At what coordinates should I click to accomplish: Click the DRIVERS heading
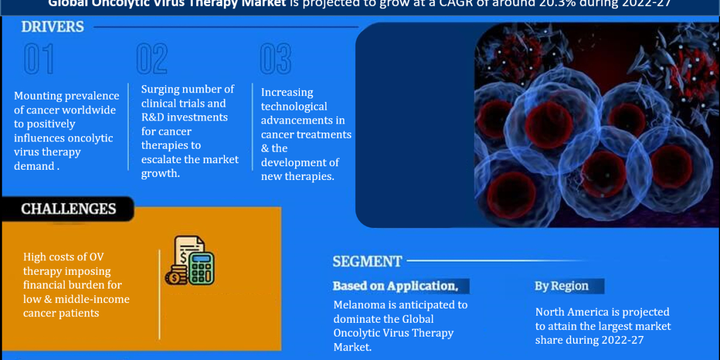(53, 27)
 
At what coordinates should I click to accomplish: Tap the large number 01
(39, 59)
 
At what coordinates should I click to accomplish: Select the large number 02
(152, 59)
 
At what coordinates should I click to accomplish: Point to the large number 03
(275, 59)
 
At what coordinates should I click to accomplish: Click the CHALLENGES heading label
(68, 209)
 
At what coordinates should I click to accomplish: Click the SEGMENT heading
(367, 262)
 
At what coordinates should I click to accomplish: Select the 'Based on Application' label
(395, 286)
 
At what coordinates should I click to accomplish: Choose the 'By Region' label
(562, 286)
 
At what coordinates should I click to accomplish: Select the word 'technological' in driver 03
(294, 107)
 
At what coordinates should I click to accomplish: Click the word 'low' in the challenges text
(32, 299)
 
